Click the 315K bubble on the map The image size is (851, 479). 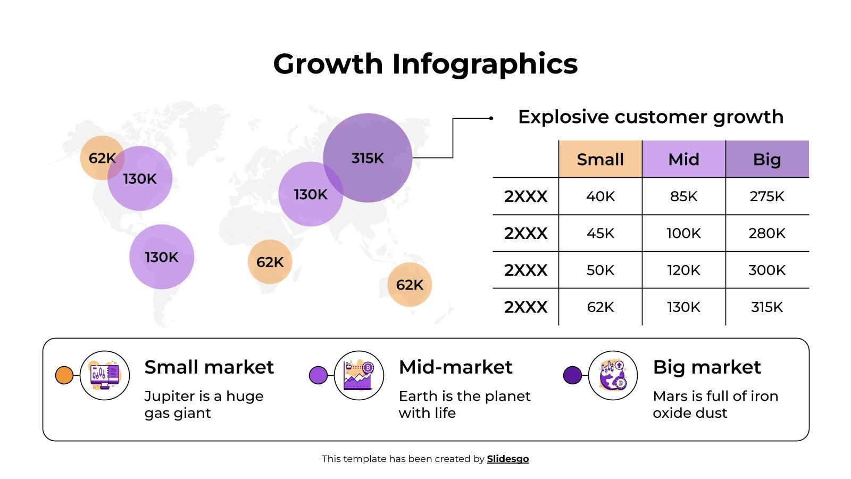point(368,158)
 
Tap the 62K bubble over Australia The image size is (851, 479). point(410,285)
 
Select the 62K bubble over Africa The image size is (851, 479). point(270,262)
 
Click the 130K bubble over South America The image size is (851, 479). point(162,257)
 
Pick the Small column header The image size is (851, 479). point(600,159)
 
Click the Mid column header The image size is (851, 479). point(683,159)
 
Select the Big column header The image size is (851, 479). point(767,159)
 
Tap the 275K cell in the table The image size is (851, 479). point(767,196)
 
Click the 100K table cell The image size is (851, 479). point(683,233)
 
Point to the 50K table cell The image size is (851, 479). point(600,270)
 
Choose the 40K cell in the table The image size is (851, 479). point(600,196)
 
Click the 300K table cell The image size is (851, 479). point(767,270)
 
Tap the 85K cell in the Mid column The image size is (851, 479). point(683,196)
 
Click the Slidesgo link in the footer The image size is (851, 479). point(508,459)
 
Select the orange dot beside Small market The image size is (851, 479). point(64,375)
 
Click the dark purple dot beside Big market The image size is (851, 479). point(572,375)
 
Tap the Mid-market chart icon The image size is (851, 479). point(359,375)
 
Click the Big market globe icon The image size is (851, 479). point(613,375)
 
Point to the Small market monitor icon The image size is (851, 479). point(105,375)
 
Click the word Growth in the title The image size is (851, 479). point(328,64)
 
